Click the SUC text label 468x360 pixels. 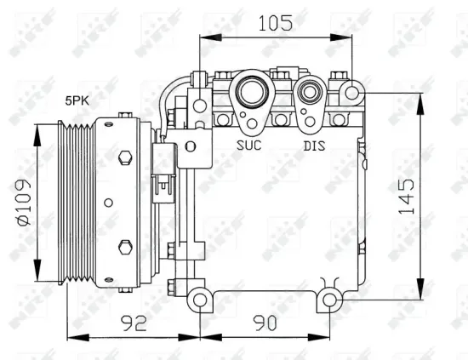(x=248, y=145)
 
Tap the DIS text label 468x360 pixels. (x=315, y=145)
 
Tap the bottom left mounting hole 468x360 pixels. (x=199, y=300)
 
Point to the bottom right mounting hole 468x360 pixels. (x=328, y=300)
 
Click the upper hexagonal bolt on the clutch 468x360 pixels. (x=126, y=157)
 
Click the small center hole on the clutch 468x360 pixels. (x=108, y=203)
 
